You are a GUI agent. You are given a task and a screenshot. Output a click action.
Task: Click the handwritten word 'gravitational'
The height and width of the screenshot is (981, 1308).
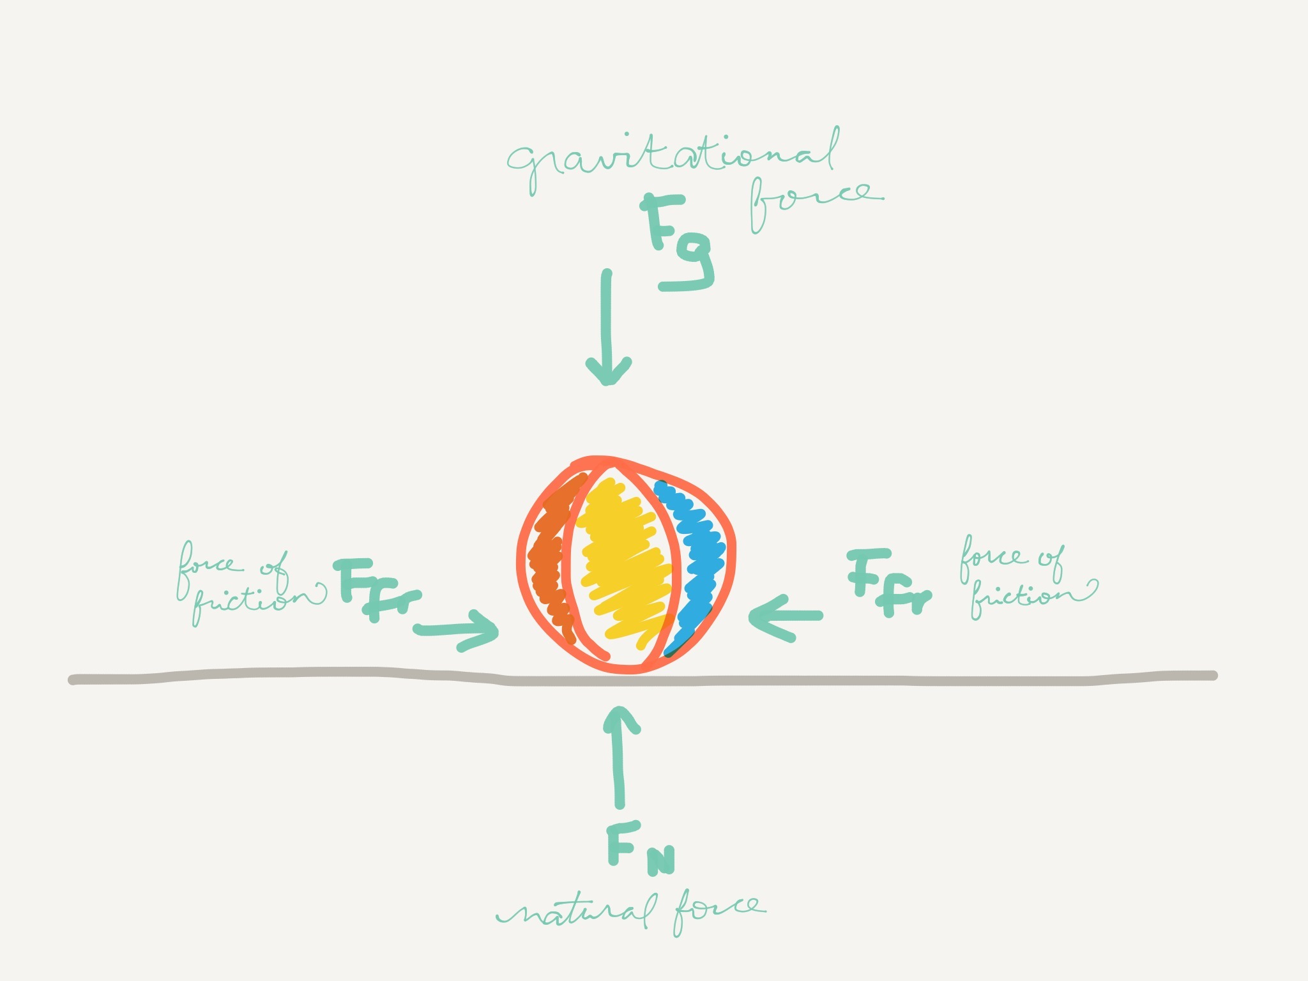pyautogui.click(x=673, y=160)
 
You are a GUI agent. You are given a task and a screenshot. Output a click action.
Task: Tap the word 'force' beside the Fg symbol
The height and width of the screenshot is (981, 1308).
pyautogui.click(x=816, y=202)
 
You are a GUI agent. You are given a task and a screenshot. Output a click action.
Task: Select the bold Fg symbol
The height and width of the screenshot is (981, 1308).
pyautogui.click(x=677, y=243)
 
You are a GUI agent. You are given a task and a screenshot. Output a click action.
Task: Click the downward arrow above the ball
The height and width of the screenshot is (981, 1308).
pyautogui.click(x=608, y=327)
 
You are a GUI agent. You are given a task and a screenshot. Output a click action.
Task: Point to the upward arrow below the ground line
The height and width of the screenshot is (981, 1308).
pyautogui.click(x=620, y=757)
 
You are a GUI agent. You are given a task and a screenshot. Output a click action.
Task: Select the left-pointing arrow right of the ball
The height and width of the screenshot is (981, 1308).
pyautogui.click(x=786, y=617)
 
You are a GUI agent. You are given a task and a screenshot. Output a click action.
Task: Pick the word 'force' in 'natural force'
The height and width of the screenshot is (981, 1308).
pyautogui.click(x=719, y=910)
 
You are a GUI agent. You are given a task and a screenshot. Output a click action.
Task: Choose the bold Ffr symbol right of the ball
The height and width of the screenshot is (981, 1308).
pyautogui.click(x=890, y=582)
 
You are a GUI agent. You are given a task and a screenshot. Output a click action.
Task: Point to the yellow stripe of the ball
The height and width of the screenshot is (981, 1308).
pyautogui.click(x=623, y=562)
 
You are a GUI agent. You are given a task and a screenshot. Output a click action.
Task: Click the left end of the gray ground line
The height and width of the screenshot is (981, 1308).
pyautogui.click(x=73, y=680)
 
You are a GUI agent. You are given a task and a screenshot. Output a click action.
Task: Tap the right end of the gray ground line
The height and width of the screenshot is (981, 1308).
pyautogui.click(x=1213, y=675)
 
